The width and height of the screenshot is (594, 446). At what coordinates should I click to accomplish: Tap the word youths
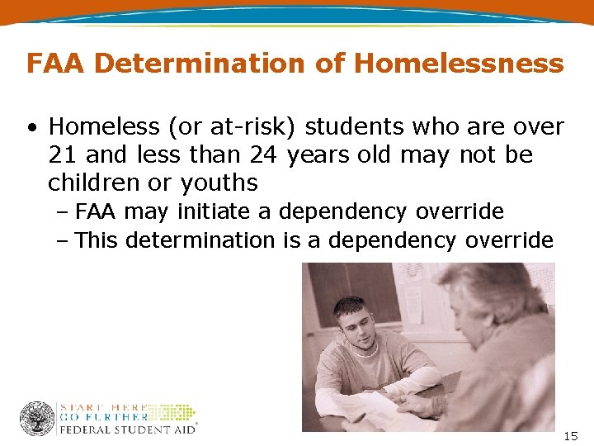(x=219, y=183)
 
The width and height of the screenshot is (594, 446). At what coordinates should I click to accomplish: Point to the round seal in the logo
(x=36, y=418)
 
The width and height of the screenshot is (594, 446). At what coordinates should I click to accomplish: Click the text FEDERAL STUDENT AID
(x=127, y=429)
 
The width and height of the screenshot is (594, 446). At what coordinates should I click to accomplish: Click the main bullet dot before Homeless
(x=31, y=128)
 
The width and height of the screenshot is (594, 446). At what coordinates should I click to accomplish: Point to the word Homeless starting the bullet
(x=103, y=126)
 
